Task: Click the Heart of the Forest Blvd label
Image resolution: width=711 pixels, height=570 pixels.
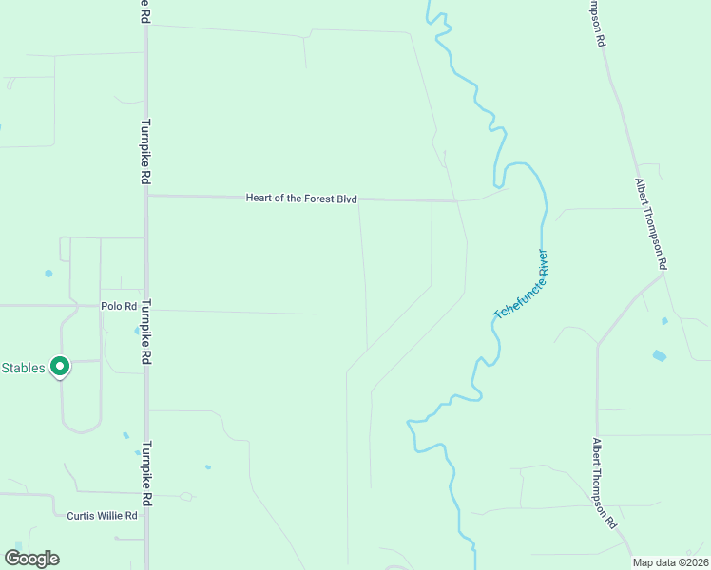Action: click(x=301, y=198)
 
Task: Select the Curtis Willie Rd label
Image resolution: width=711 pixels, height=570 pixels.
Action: click(x=102, y=516)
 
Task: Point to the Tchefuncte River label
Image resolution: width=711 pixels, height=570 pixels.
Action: click(x=523, y=284)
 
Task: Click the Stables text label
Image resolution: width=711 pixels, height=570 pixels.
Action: click(x=23, y=368)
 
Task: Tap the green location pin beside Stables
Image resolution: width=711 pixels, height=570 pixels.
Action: click(x=60, y=366)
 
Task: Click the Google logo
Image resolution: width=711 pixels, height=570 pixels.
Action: click(x=31, y=559)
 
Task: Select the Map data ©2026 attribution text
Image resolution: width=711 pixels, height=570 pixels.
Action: click(x=671, y=562)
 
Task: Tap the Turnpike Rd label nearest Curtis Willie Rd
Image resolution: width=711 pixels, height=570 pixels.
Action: click(x=148, y=473)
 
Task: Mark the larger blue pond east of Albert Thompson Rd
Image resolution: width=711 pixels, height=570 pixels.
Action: click(x=660, y=356)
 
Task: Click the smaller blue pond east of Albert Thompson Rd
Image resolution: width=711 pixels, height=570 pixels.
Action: click(x=664, y=321)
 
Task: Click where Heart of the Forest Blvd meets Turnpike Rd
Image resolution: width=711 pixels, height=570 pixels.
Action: click(x=146, y=196)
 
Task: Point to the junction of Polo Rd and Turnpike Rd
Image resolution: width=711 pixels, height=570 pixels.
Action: click(x=145, y=306)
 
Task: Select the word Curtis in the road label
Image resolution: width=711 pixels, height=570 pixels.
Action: click(x=80, y=516)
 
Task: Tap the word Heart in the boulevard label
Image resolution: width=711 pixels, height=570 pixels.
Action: click(x=259, y=198)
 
